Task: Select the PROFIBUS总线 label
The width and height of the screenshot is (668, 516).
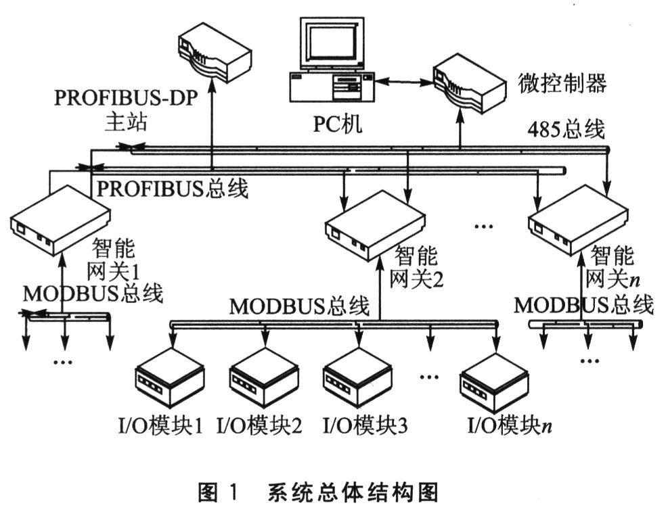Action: click(x=173, y=188)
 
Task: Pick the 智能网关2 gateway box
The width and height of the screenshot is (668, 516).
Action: click(x=374, y=221)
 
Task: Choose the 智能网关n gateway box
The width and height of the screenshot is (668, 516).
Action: click(x=579, y=220)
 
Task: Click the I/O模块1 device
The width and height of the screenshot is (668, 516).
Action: click(x=169, y=381)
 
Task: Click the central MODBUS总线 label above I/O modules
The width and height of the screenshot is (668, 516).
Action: click(x=300, y=306)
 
